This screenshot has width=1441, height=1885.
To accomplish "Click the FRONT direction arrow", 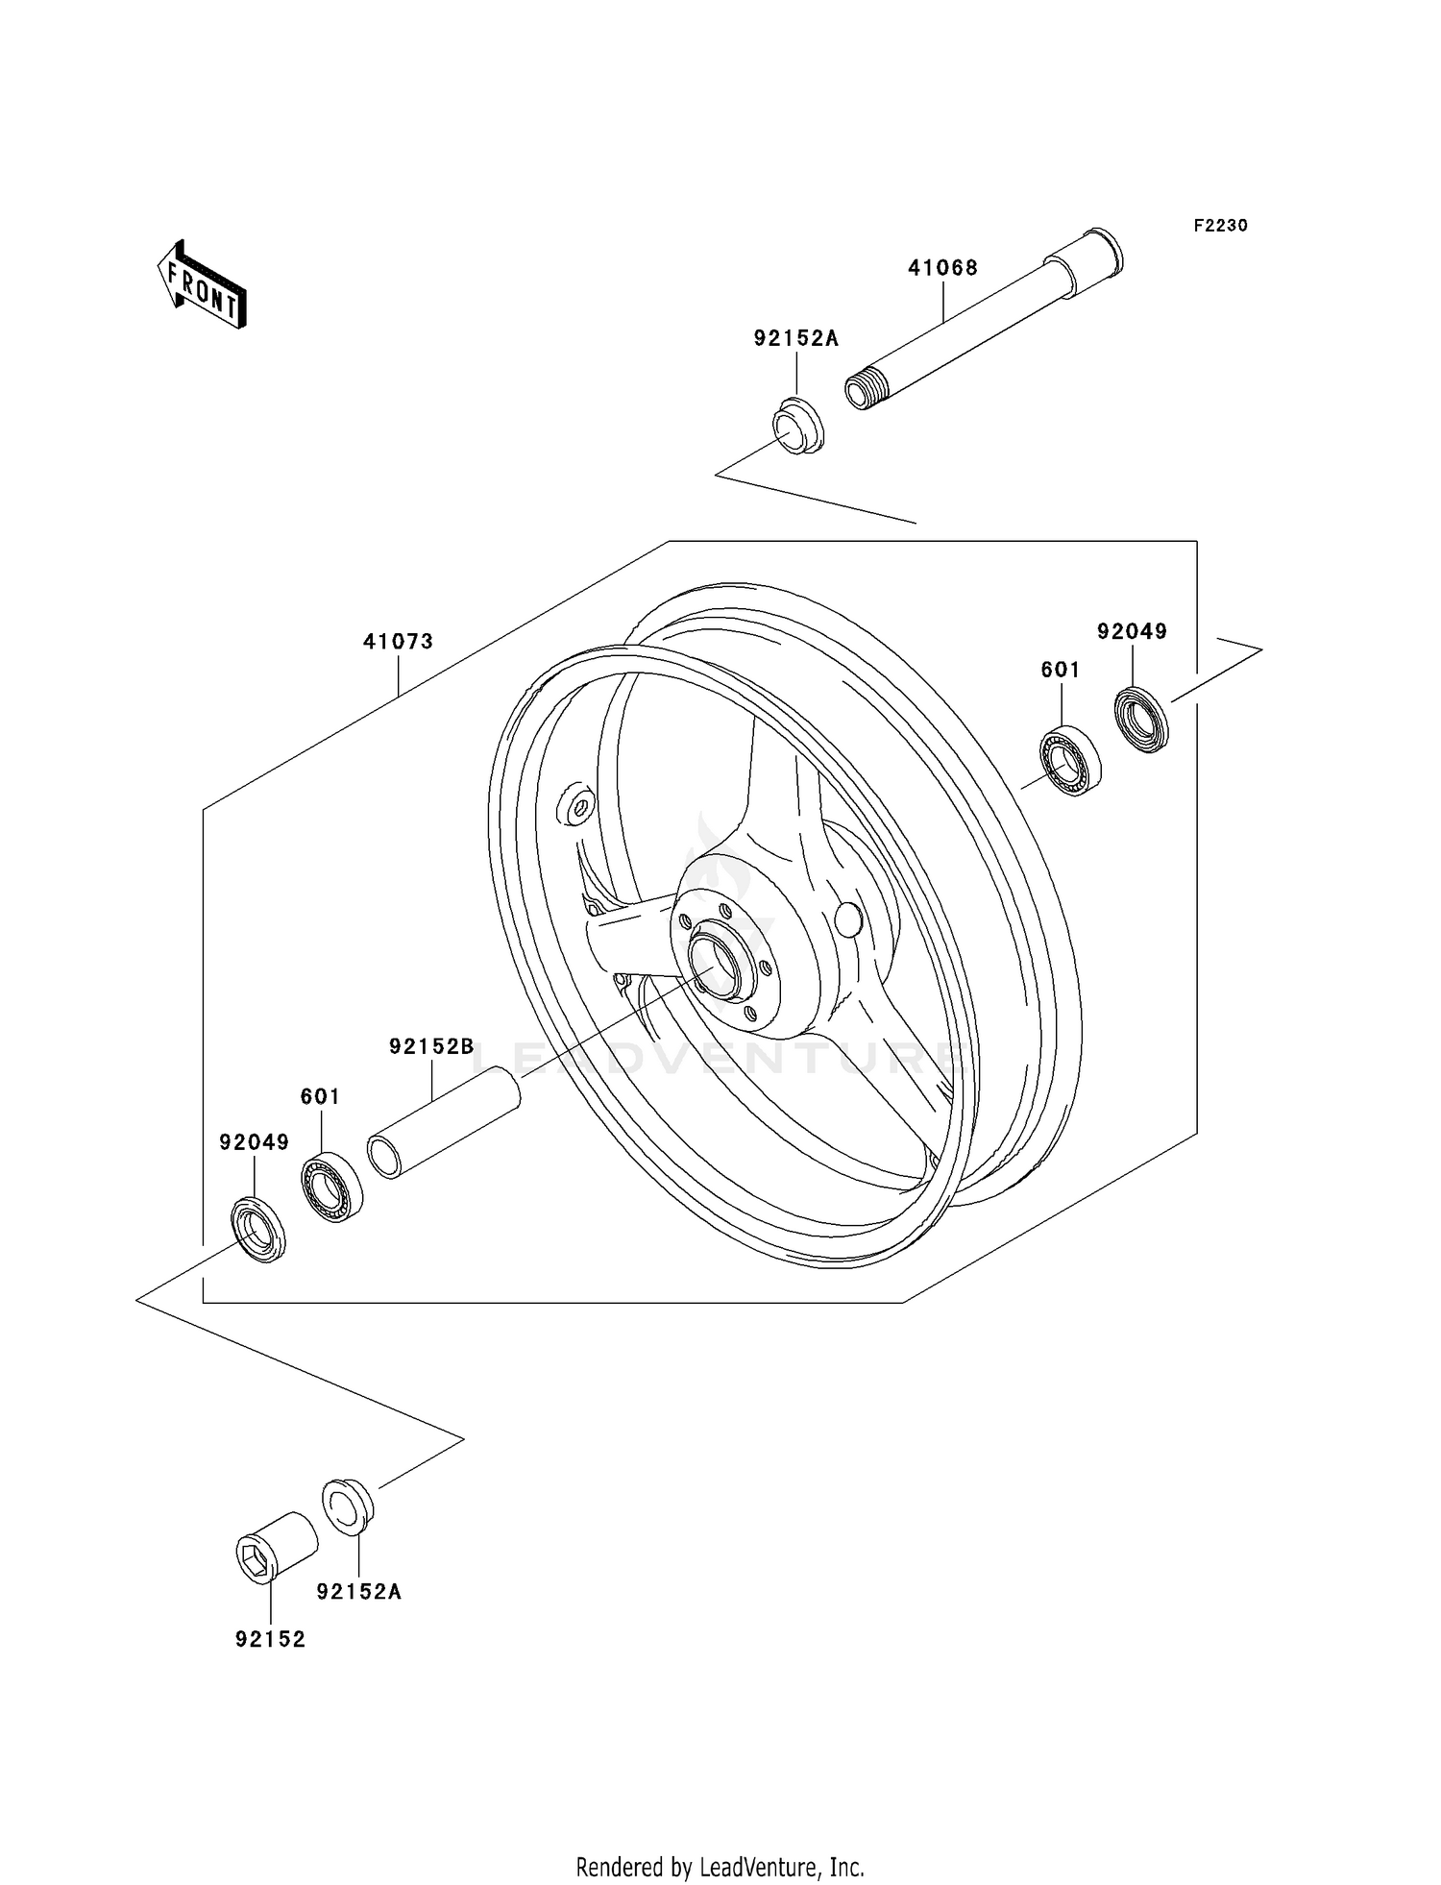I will (202, 286).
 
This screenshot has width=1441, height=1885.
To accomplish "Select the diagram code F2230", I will (1220, 226).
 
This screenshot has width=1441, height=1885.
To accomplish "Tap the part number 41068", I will (942, 268).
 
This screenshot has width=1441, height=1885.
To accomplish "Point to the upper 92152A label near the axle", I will (795, 338).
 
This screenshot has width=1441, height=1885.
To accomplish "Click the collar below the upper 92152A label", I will (798, 427).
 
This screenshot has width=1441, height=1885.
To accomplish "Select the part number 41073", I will (398, 641).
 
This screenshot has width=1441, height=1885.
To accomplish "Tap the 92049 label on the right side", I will (1132, 631).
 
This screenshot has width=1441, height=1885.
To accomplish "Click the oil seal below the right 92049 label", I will (1142, 720).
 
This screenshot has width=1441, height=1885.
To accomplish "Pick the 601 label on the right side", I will (1061, 670).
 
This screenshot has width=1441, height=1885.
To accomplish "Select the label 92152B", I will (431, 1047).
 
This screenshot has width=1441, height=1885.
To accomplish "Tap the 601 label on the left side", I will (320, 1096).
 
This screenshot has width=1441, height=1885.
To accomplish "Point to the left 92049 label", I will (254, 1142).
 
